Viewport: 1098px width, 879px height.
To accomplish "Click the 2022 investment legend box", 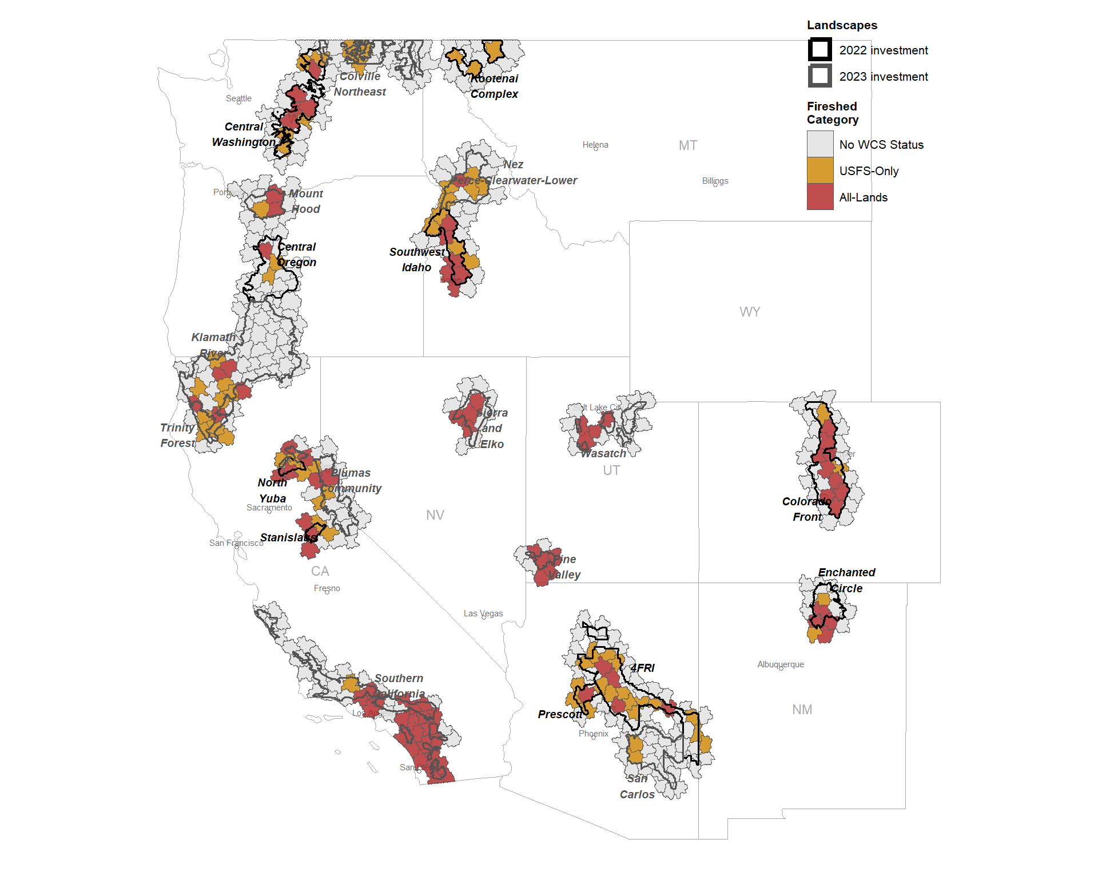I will [819, 50].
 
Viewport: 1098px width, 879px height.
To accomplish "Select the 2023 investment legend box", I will [819, 76].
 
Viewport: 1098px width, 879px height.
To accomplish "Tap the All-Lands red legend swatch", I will [819, 197].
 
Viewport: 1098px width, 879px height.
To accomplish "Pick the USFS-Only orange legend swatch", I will [819, 171].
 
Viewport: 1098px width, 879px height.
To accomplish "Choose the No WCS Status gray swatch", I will [819, 144].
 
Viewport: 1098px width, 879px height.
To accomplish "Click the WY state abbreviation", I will [749, 312].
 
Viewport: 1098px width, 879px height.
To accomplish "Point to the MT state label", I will [687, 145].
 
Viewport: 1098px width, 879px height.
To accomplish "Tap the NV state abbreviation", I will [435, 515].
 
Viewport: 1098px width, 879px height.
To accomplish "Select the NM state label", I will [802, 710].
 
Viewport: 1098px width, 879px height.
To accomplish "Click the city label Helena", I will [595, 145].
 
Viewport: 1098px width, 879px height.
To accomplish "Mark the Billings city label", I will [715, 181].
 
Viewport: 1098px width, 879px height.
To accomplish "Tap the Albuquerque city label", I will [780, 664].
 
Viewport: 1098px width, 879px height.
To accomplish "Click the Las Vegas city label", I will [483, 613].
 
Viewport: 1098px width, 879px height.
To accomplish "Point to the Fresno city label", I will [327, 588].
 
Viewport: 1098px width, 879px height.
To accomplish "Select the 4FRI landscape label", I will [642, 668].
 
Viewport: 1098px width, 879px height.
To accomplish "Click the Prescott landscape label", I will [560, 714].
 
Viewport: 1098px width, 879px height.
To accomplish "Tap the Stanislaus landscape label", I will [288, 537].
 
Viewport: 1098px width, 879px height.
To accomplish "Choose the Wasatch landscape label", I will [603, 453].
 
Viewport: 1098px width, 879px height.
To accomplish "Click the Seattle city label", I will [238, 98].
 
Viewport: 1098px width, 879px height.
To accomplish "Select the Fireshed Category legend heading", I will [832, 113].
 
